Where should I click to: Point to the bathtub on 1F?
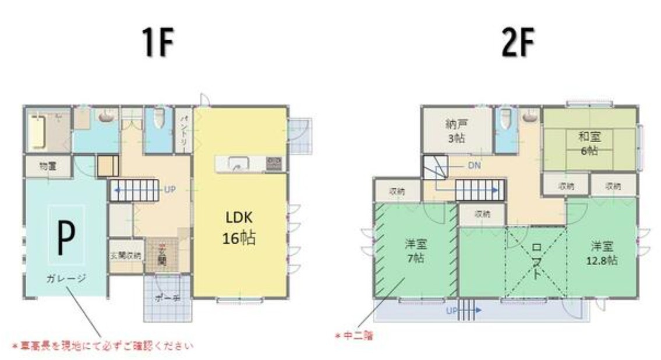pos(37,132)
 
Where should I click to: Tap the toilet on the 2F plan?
pos(505,121)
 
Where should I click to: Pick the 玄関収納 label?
pos(125,255)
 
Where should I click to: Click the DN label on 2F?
pos(475,165)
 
